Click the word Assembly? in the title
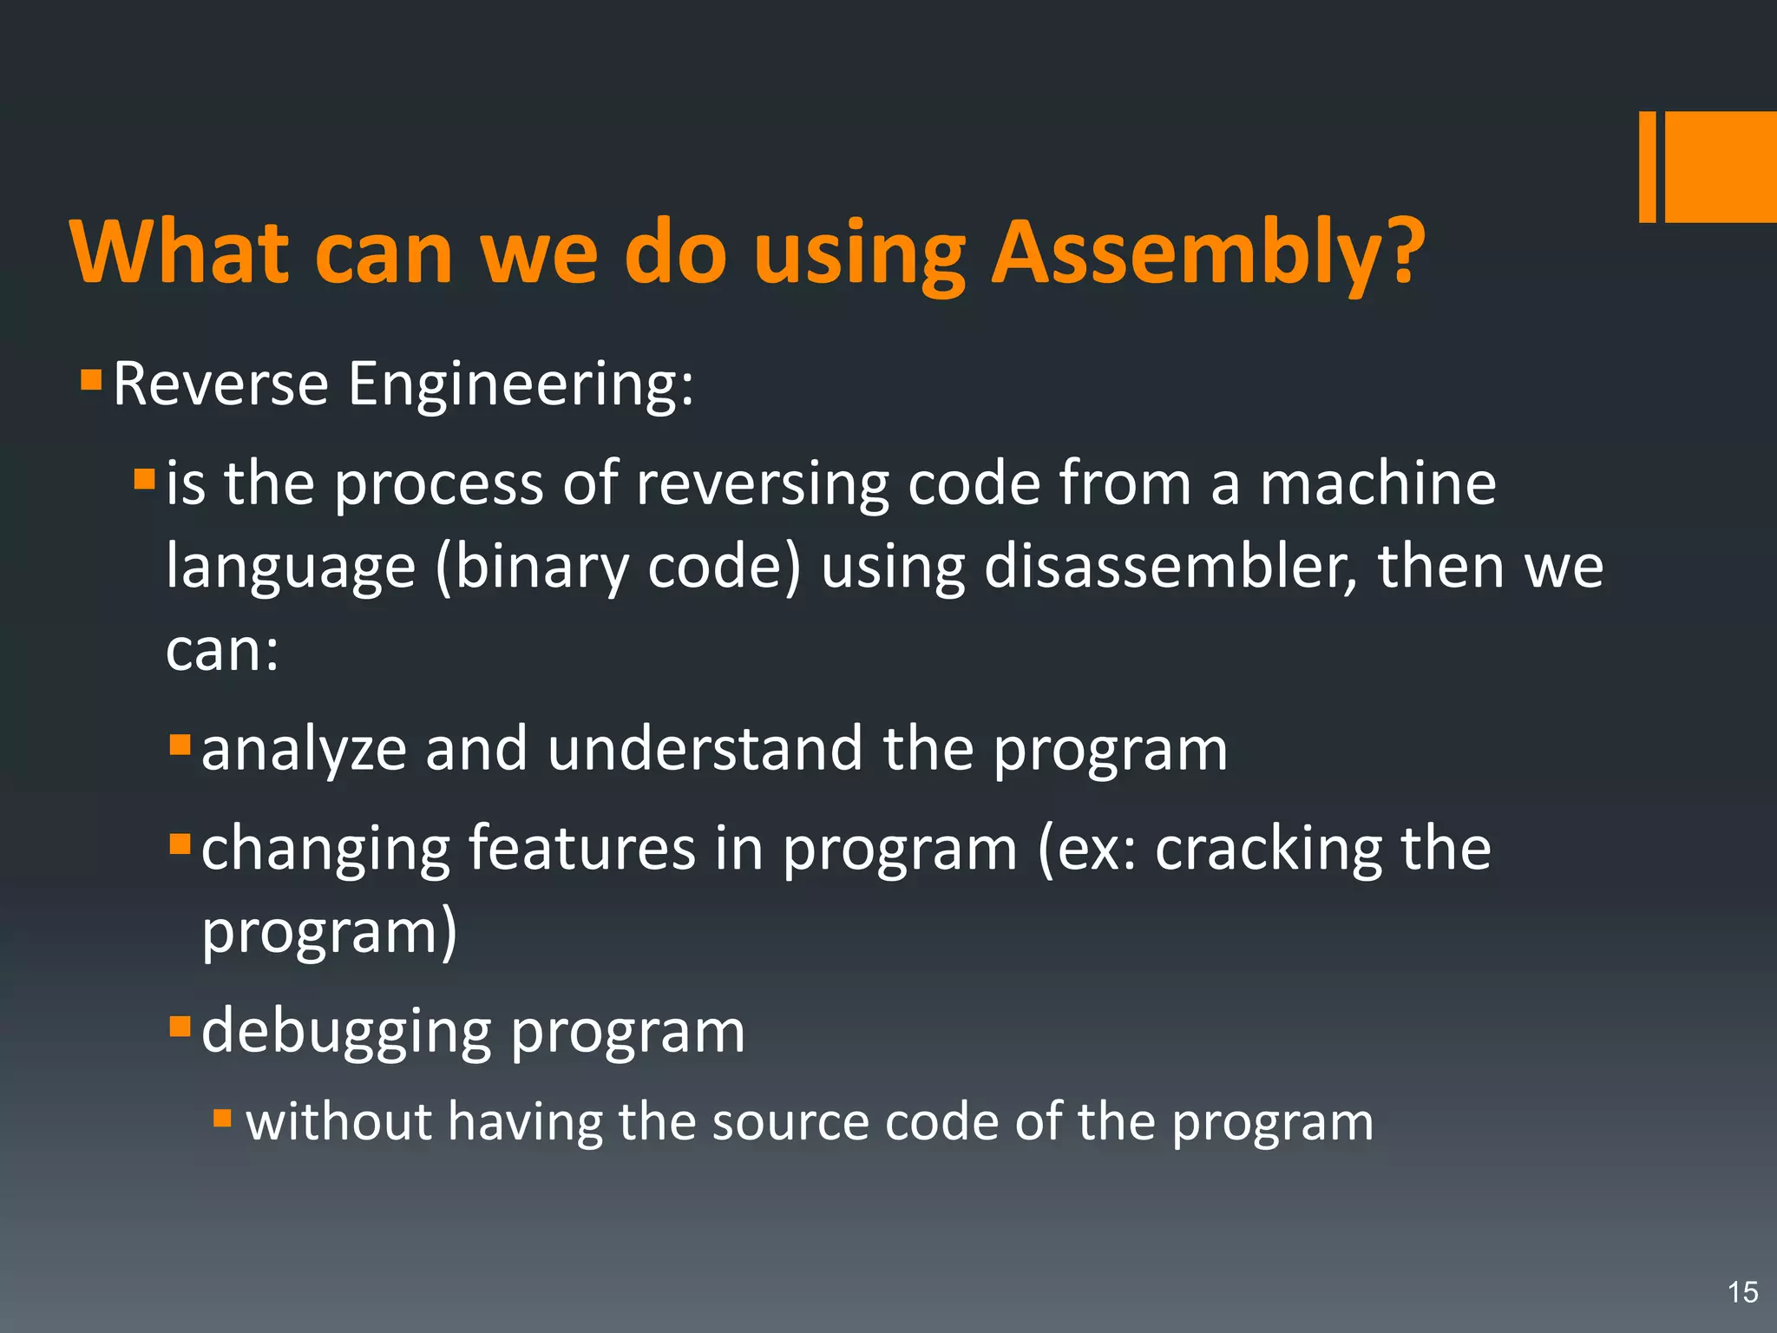1208,253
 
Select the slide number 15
1742,1292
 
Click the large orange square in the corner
1721,167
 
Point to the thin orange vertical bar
1647,167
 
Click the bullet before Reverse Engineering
91,380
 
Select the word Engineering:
521,384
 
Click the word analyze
304,750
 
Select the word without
338,1121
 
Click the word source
789,1123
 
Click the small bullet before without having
222,1118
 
